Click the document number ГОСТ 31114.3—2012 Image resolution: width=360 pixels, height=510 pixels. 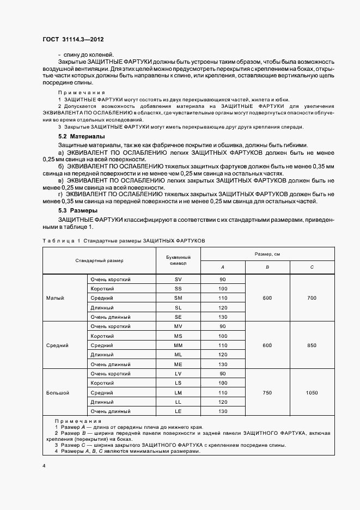(x=73, y=40)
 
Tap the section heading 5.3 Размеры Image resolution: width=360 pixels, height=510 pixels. (x=77, y=210)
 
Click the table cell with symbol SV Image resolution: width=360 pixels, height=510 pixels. (x=178, y=280)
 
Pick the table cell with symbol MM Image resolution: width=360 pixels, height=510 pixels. (x=178, y=345)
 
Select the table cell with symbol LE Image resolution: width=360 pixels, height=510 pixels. (x=178, y=411)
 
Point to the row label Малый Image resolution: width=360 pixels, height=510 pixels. (x=55, y=298)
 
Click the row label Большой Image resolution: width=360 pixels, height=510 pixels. (x=57, y=392)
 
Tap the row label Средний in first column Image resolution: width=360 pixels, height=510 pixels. (x=57, y=345)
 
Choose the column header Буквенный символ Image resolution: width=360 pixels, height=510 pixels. (x=178, y=260)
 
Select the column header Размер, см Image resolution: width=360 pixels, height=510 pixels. (x=267, y=254)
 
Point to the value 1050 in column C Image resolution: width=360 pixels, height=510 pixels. (x=312, y=392)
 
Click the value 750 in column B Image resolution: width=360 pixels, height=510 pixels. (x=267, y=392)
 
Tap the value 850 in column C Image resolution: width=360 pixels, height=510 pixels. (x=312, y=345)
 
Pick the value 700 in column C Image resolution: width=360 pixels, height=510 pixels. (x=312, y=298)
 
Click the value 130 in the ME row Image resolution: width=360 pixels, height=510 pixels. (x=222, y=364)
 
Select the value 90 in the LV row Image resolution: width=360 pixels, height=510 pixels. (x=222, y=374)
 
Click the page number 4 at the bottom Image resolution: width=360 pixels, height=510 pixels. (x=44, y=466)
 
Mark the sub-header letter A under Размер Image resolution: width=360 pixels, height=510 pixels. (x=222, y=267)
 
